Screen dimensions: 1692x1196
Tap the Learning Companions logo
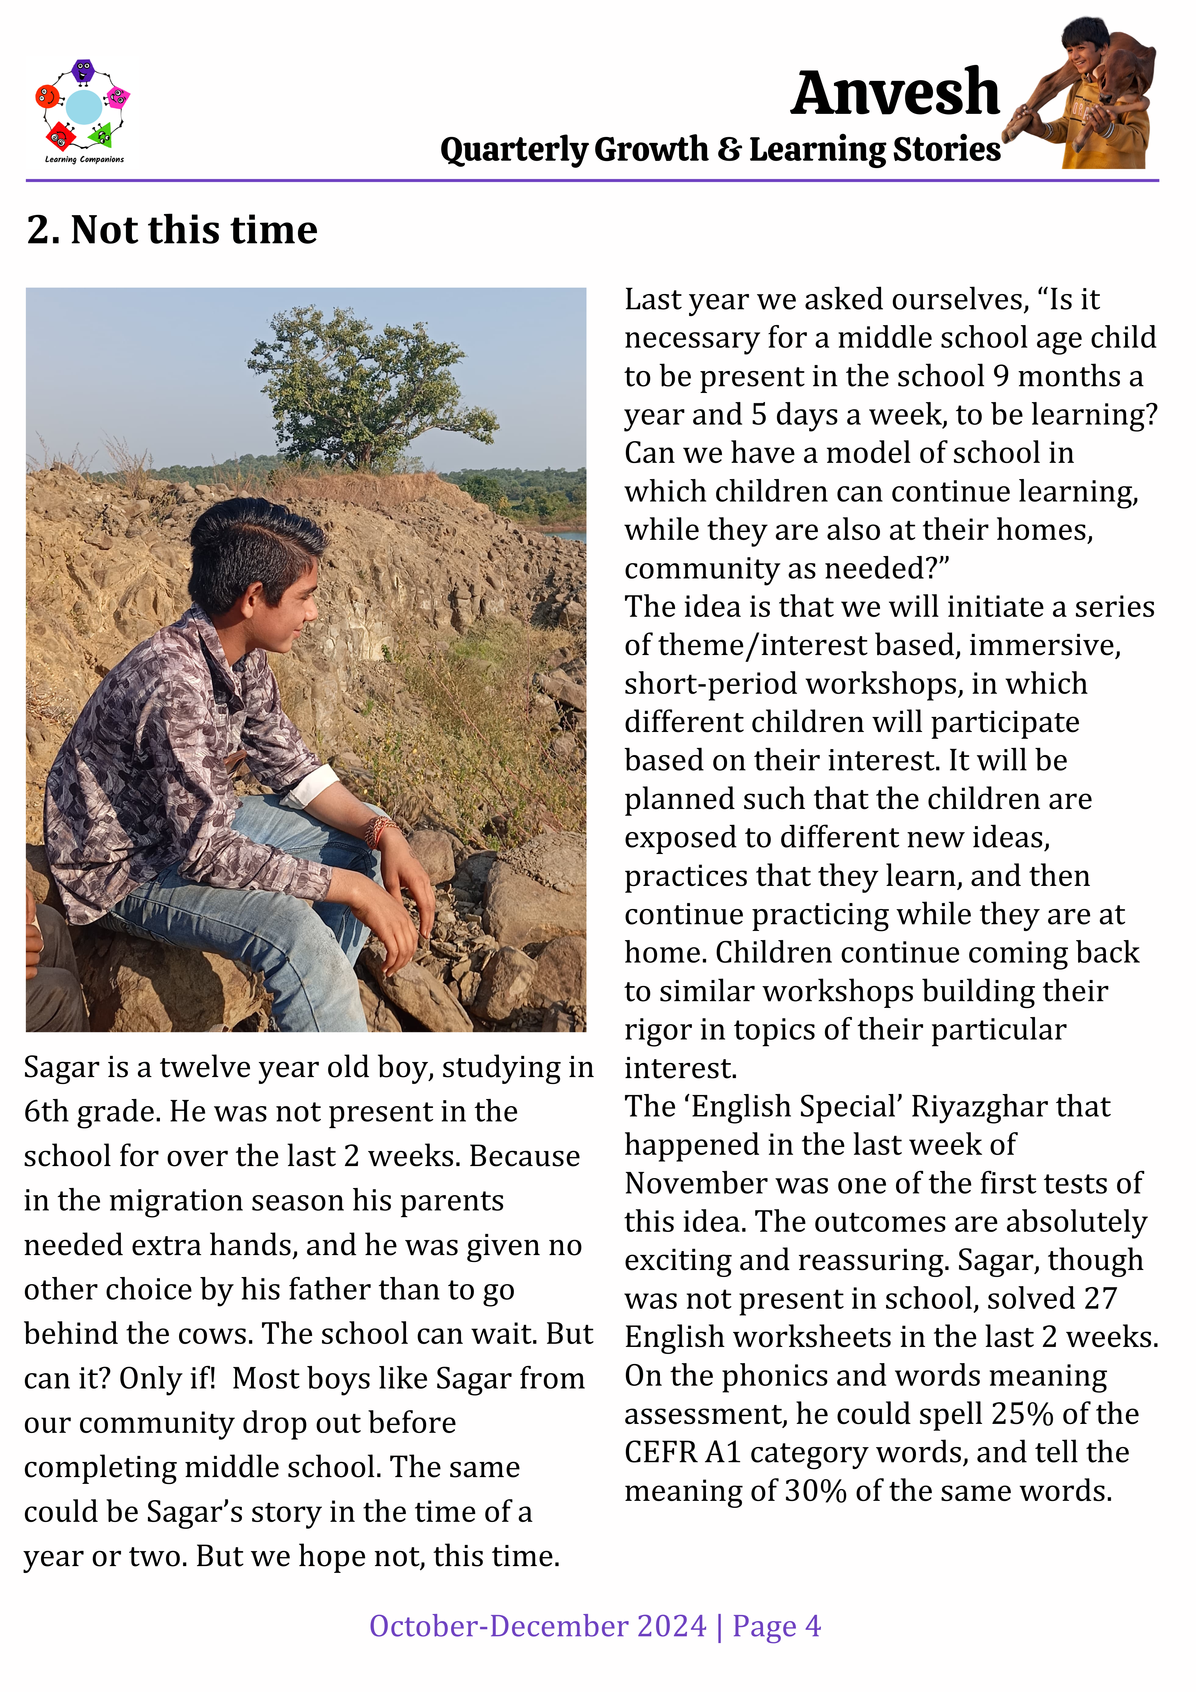[83, 111]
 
